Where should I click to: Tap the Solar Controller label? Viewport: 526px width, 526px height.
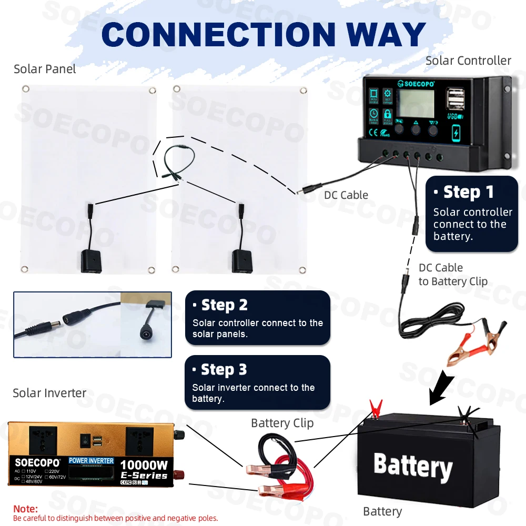pyautogui.click(x=468, y=60)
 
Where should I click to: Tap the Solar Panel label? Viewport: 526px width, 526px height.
pyautogui.click(x=45, y=69)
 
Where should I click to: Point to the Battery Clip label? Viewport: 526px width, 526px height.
pyautogui.click(x=282, y=423)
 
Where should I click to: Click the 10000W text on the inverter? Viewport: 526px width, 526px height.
pyautogui.click(x=144, y=465)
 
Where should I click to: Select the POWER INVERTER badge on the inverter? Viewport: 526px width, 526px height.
pyautogui.click(x=91, y=461)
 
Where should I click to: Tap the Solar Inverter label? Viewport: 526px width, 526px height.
pyautogui.click(x=49, y=393)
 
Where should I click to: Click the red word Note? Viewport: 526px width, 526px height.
pyautogui.click(x=25, y=509)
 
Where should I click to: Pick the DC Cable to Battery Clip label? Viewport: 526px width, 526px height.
pyautogui.click(x=453, y=275)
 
